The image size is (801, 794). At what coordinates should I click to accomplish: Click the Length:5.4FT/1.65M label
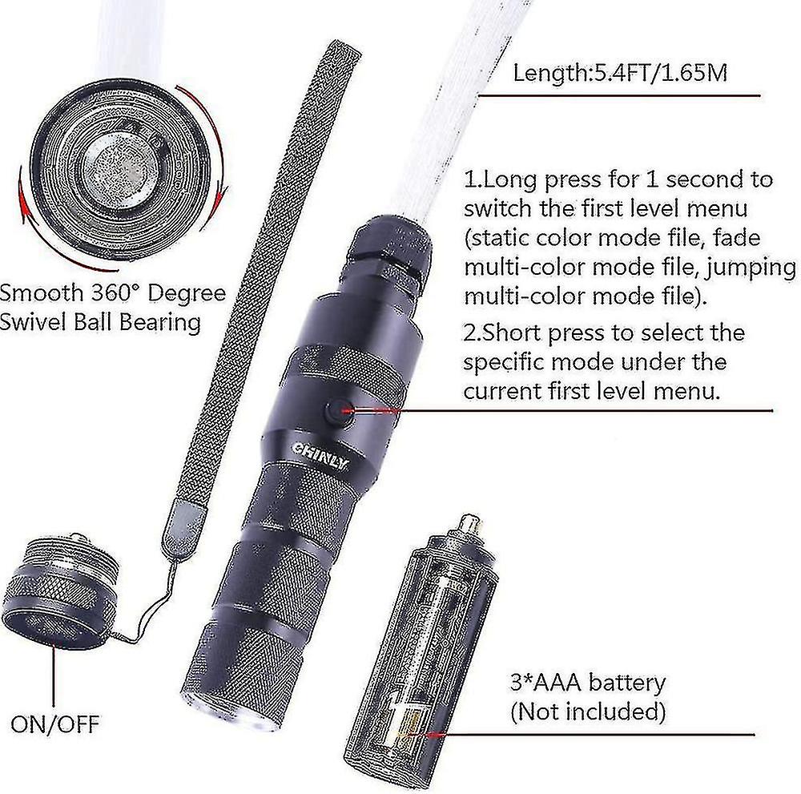620,73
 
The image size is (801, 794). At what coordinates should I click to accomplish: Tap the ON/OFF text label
55,724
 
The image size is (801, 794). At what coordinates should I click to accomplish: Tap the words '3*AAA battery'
588,683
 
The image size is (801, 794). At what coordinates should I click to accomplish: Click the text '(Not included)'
588,711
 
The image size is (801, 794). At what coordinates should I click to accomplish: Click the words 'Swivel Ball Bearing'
100,323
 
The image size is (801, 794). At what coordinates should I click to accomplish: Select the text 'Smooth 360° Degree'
112,292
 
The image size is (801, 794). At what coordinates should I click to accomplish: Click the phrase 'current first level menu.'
592,391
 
